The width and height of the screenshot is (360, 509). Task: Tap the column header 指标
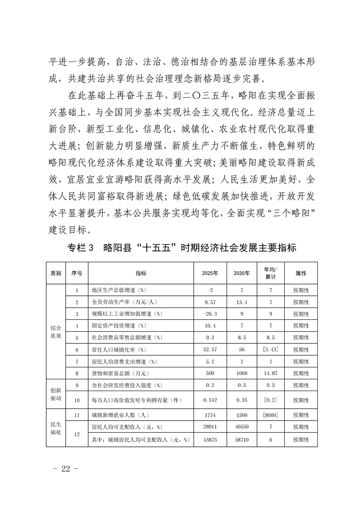click(141, 273)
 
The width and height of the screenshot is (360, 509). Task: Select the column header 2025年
click(210, 273)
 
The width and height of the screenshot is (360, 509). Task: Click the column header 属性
click(301, 273)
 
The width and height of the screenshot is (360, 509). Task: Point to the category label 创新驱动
click(56, 394)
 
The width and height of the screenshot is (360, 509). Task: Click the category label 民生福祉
click(56, 427)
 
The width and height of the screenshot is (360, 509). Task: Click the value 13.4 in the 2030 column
click(242, 302)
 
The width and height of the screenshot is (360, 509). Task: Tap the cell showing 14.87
click(271, 373)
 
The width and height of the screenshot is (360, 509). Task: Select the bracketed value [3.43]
click(271, 350)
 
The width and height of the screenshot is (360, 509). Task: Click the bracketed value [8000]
click(271, 415)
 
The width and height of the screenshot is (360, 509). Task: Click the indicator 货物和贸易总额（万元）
click(118, 373)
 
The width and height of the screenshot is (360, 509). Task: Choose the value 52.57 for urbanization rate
click(210, 350)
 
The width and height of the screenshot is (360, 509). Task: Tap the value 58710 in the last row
click(242, 440)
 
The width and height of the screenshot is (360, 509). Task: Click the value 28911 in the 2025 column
click(210, 427)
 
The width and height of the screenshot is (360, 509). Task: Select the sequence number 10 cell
click(77, 400)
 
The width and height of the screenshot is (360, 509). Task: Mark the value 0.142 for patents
click(210, 400)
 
